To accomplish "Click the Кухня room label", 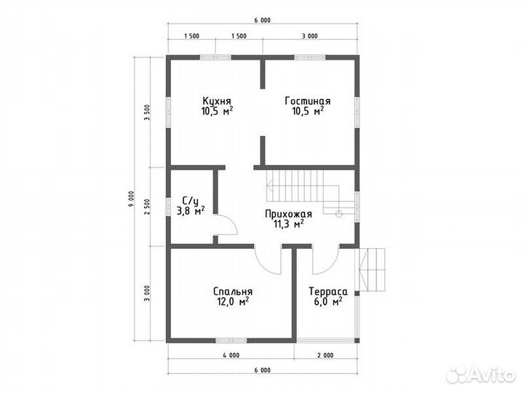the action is click(217, 101).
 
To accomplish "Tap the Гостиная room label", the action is click(308, 101).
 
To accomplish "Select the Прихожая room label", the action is click(288, 214).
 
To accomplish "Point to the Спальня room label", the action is click(233, 291).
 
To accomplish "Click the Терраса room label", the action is click(328, 291).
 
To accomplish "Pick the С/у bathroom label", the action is click(191, 201).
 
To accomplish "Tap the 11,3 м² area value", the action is click(289, 224).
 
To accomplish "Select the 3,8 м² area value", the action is click(191, 211).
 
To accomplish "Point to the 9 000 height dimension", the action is click(131, 199).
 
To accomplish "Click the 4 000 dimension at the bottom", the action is click(231, 355).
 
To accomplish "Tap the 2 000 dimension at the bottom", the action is click(325, 355).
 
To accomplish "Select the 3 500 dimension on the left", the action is click(147, 113).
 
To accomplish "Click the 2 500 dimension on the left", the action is click(147, 207).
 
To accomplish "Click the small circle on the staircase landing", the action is click(339, 214).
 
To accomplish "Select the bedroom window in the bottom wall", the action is click(231, 341).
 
